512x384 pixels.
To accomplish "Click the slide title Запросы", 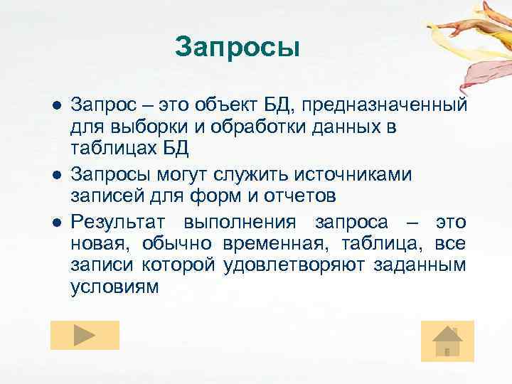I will click(238, 48).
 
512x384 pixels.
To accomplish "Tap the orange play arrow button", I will click(85, 335).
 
